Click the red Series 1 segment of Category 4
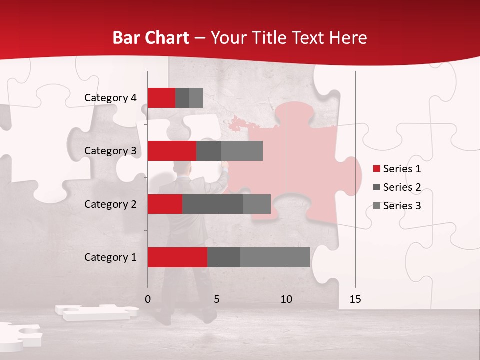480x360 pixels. (161, 98)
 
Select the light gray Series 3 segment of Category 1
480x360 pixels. (275, 257)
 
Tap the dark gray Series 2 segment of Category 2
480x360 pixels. (213, 204)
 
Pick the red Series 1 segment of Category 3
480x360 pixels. (172, 151)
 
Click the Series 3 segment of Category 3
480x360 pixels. (242, 151)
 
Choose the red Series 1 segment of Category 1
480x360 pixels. (177, 257)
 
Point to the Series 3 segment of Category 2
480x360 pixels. (257, 204)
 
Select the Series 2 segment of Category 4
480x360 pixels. (182, 98)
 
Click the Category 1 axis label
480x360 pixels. (110, 257)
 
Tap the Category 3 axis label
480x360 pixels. (110, 151)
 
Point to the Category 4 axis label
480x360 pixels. (110, 98)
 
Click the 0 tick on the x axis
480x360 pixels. (148, 299)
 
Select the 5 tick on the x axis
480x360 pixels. (217, 299)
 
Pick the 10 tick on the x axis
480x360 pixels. (286, 299)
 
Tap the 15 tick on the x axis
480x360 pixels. (355, 299)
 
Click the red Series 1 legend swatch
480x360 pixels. (377, 169)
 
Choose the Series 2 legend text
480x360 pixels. (402, 187)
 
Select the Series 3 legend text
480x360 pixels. (402, 206)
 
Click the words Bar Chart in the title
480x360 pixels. (150, 38)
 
